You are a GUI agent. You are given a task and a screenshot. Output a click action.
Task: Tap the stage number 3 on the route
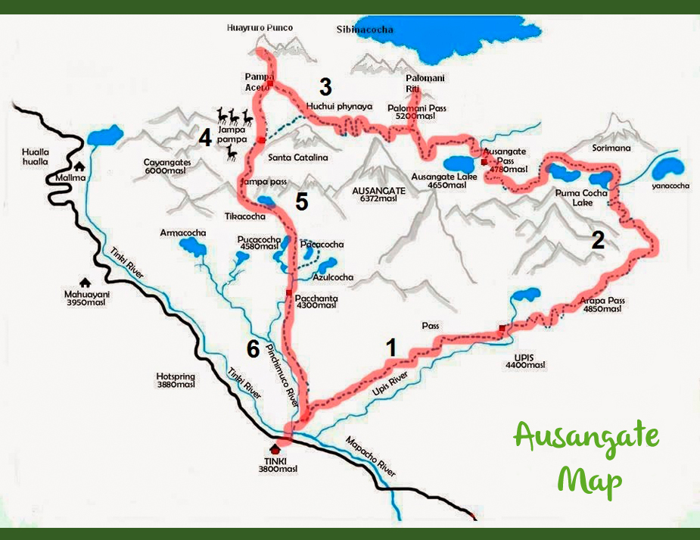tap(325, 86)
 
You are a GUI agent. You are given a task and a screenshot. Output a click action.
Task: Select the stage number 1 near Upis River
tap(390, 348)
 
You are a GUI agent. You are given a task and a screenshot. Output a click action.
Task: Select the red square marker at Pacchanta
tap(288, 292)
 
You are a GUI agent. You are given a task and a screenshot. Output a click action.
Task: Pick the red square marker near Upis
tap(502, 328)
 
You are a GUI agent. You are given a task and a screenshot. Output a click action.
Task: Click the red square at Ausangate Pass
tap(484, 162)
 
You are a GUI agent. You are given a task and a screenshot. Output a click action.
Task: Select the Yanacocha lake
tap(668, 172)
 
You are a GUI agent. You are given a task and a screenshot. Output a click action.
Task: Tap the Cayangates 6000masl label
tap(167, 167)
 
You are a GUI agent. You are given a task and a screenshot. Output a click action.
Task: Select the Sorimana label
tap(611, 148)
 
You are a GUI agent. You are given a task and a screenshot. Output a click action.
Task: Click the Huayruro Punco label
tap(260, 28)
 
